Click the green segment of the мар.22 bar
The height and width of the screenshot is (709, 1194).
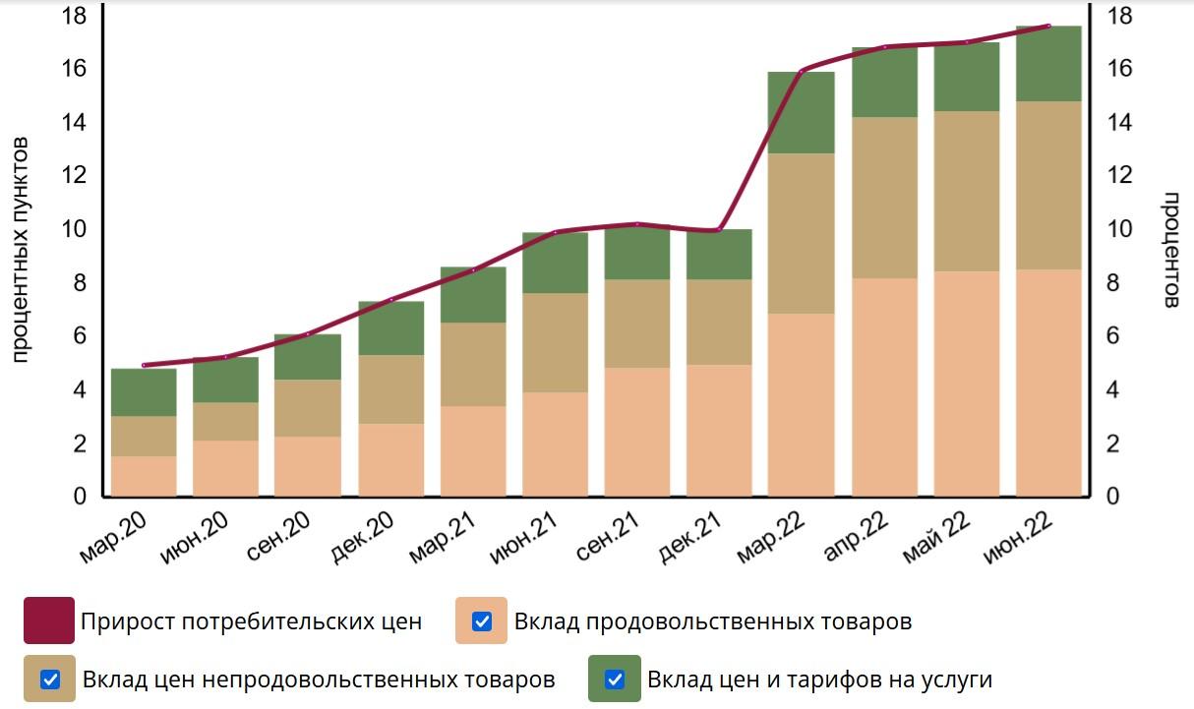pos(801,112)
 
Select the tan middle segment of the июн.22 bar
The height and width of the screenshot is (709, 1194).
pos(1048,185)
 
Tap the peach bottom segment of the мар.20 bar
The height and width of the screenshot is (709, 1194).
pos(144,476)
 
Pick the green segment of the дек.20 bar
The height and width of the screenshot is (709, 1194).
pos(390,327)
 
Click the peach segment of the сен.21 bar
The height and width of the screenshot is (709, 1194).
pos(637,432)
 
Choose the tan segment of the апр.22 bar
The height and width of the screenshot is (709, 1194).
pos(884,197)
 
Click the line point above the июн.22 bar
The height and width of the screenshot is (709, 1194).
pos(1048,27)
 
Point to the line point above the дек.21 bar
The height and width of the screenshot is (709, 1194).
pos(719,230)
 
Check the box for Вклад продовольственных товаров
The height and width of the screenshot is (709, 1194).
pos(482,621)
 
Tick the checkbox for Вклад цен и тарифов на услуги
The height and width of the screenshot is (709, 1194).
pos(615,679)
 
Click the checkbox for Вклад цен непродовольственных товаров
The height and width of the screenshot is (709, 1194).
pos(50,679)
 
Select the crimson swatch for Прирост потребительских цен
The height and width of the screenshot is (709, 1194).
pos(49,621)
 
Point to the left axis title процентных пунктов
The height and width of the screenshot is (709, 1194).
pos(21,251)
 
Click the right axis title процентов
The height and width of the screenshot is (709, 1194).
pos(1170,251)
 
